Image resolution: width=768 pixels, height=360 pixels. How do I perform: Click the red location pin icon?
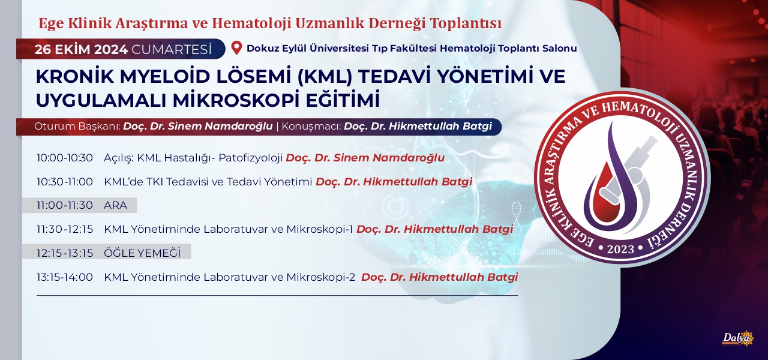pos(236,48)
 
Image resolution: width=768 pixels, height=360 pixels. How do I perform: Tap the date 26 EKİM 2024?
pos(81,50)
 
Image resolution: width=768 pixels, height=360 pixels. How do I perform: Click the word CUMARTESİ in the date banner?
pos(172,50)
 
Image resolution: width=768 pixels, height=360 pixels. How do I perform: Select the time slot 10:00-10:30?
pos(64,158)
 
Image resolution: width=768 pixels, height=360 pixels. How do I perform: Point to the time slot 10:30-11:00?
pos(64,181)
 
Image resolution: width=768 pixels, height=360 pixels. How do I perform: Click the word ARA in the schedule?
pos(116,205)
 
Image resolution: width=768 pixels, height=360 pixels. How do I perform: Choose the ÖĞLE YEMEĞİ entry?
pos(142,253)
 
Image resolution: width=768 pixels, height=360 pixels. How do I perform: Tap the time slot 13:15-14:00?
pos(64,277)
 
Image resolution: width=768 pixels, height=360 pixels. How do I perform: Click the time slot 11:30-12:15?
pos(64,229)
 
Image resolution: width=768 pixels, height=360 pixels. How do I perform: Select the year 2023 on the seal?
pos(620,249)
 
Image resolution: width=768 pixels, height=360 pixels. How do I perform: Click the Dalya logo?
pos(738,339)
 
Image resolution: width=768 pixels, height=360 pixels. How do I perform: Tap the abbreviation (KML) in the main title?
pos(325,76)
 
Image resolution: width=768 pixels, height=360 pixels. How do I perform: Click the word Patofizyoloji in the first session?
pos(251,158)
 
